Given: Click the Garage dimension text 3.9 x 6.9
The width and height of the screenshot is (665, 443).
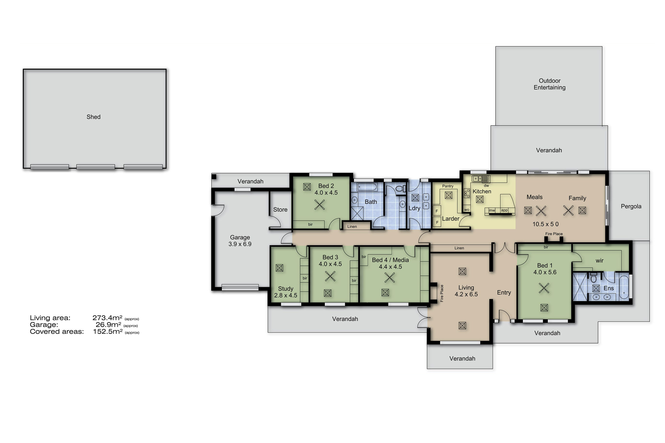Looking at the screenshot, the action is tap(240, 244).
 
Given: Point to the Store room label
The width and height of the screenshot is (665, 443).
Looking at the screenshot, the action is tap(280, 210).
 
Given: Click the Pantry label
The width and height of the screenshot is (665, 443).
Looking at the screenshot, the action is tap(448, 186).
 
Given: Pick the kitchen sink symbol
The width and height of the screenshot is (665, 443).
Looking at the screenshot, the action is tap(480, 178).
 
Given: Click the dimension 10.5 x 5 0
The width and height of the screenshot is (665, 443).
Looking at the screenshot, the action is tap(545, 224).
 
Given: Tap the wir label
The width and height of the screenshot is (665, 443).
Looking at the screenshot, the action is tap(599, 261).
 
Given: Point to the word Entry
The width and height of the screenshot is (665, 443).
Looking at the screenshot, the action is tap(504, 293).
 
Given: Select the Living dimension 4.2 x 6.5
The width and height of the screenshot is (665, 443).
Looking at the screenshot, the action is tap(466, 294).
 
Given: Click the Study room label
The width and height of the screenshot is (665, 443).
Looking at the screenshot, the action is tap(286, 289).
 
